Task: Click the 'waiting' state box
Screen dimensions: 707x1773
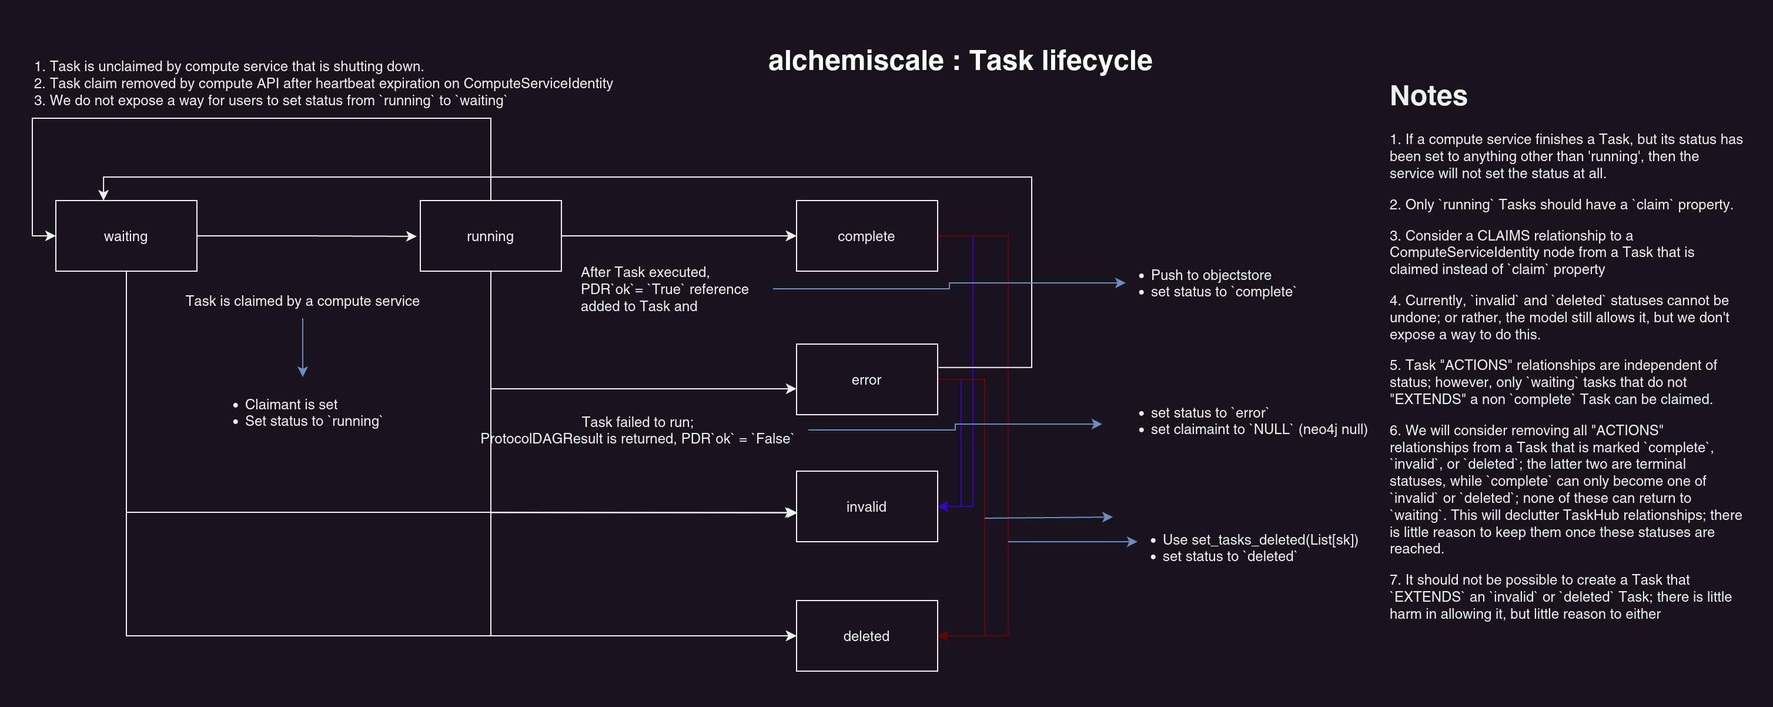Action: (x=126, y=236)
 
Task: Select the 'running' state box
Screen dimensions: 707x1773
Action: (x=490, y=236)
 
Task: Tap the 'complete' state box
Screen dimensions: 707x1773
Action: (x=866, y=236)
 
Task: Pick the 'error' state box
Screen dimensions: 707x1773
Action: (x=866, y=380)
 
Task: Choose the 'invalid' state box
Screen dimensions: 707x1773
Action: (x=866, y=506)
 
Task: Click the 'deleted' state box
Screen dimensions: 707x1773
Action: (x=866, y=636)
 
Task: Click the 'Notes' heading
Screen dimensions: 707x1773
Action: (x=1428, y=96)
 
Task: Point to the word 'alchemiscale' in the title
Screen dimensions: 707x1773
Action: (x=855, y=61)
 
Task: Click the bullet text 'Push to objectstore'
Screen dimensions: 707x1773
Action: (x=1210, y=275)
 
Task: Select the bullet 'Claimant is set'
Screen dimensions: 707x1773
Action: (x=291, y=404)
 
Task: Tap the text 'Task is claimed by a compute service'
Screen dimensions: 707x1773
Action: (x=302, y=301)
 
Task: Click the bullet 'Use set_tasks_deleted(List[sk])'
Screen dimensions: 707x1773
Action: (x=1260, y=540)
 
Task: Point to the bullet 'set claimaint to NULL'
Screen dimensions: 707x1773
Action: (x=1258, y=429)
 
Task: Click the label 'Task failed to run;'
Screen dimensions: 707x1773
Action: (x=637, y=422)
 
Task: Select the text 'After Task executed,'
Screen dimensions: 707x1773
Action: (x=645, y=272)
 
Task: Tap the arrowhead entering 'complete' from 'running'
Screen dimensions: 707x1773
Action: (x=791, y=236)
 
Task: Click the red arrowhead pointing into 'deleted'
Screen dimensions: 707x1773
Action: (x=944, y=636)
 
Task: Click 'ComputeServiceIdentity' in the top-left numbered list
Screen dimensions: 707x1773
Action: (x=537, y=84)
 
